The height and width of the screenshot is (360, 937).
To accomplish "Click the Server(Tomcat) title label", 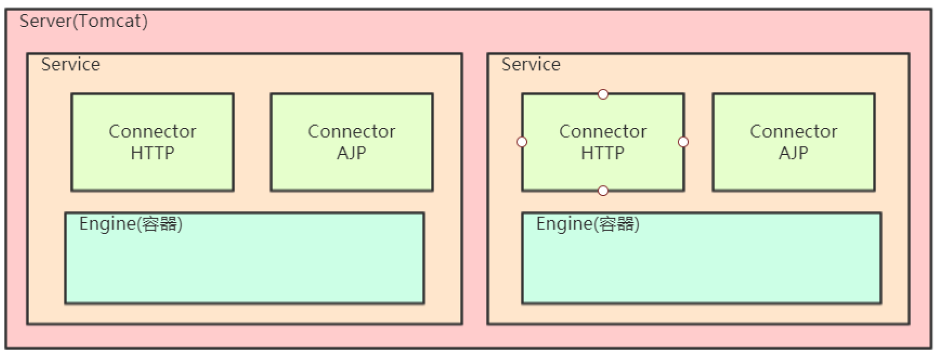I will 83,22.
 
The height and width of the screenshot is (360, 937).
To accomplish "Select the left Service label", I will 70,65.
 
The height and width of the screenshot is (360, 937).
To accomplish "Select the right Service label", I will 531,65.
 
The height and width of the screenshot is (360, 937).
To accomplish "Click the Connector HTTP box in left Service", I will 152,142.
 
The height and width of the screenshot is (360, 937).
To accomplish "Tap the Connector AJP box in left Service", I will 351,142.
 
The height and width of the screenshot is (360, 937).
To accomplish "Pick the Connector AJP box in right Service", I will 793,142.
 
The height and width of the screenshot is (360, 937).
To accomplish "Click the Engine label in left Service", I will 130,224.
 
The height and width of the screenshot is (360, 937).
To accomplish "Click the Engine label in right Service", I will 587,224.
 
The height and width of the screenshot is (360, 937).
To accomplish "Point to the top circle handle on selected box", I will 603,94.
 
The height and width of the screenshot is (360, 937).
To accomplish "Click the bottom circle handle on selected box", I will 603,191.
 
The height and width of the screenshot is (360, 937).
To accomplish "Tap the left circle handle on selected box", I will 522,142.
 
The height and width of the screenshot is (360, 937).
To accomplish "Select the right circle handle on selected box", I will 683,142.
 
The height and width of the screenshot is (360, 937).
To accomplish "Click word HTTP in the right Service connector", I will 602,153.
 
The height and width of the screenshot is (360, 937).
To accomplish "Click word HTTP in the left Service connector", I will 152,153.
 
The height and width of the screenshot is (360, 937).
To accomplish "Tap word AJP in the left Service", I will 351,153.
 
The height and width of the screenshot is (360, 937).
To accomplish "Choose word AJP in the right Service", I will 793,153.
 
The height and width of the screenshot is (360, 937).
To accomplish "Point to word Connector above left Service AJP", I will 351,131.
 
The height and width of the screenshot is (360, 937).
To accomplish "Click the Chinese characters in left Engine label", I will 160,224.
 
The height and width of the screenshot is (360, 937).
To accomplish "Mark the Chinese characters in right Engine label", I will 616,224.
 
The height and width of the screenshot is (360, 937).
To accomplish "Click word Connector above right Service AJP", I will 793,131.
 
